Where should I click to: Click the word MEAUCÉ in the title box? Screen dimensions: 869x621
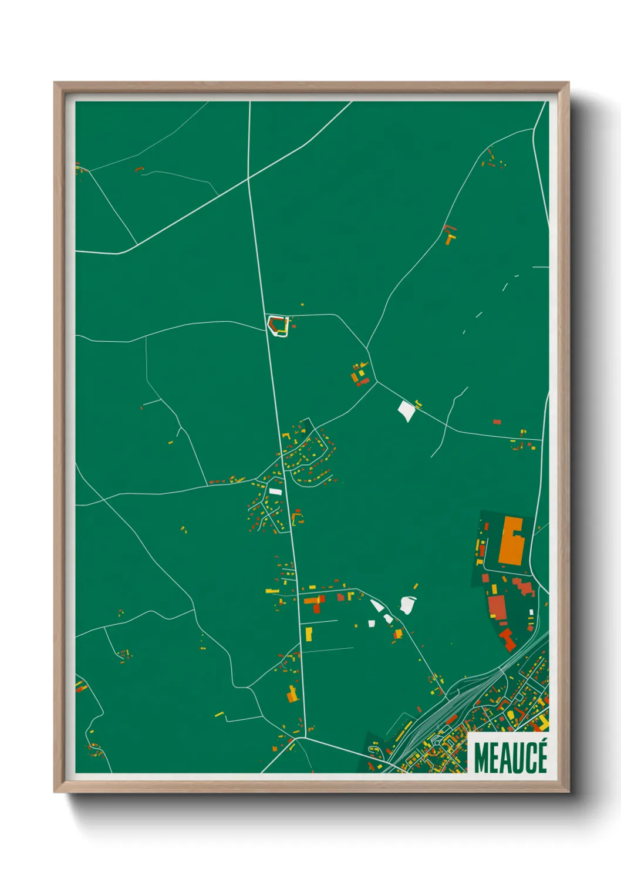click(x=510, y=758)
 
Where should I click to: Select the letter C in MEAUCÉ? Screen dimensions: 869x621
click(x=528, y=758)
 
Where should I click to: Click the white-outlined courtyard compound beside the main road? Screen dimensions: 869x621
click(x=278, y=325)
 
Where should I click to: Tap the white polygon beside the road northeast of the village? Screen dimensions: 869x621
click(x=406, y=410)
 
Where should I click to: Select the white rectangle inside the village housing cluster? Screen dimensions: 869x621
click(x=275, y=491)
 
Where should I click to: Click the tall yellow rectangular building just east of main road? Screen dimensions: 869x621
click(x=309, y=634)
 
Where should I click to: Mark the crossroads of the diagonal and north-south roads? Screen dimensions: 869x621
click(x=249, y=177)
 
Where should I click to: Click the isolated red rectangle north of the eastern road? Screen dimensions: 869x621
click(x=497, y=422)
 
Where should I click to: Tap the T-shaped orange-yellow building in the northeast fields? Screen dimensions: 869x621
click(x=450, y=238)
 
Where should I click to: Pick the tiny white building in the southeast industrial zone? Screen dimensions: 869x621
click(x=531, y=612)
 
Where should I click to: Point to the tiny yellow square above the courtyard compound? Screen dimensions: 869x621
click(x=302, y=305)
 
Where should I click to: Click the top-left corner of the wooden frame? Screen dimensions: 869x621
click(x=55, y=83)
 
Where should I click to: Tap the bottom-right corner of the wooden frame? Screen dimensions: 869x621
click(x=568, y=791)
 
